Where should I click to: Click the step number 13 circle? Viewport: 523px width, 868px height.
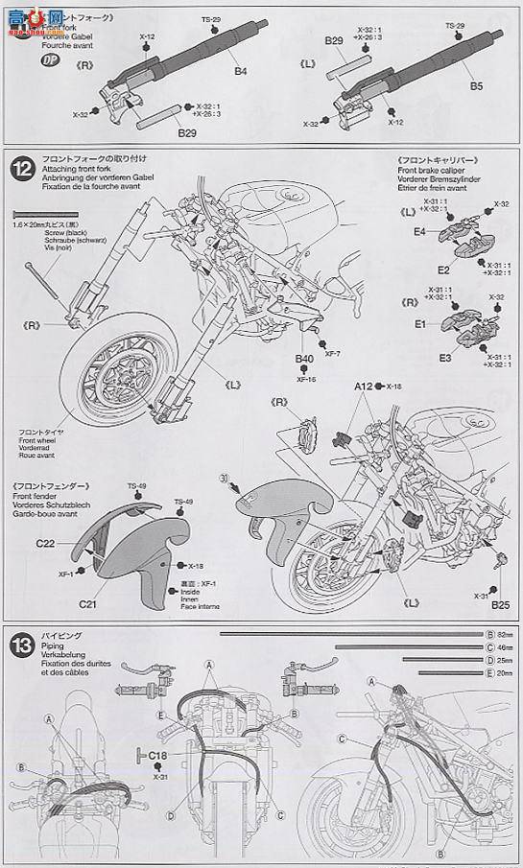point(23,642)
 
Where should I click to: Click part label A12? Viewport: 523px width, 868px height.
point(363,386)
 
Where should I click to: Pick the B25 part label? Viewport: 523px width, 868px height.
point(499,605)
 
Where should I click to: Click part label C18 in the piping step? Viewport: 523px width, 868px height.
point(160,755)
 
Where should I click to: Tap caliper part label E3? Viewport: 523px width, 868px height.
point(418,357)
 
